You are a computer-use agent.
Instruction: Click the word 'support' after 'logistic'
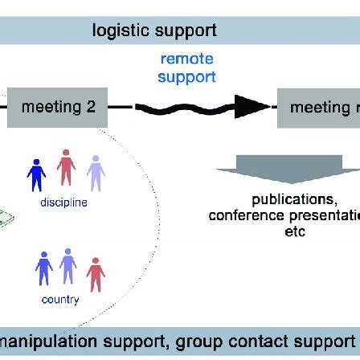[185, 31]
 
